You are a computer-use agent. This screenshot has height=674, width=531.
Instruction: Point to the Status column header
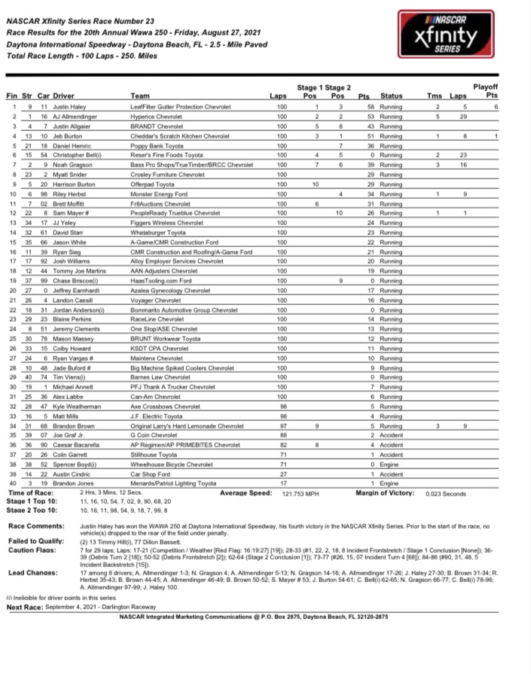click(x=392, y=96)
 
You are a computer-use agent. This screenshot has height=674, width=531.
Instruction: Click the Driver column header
click(x=64, y=96)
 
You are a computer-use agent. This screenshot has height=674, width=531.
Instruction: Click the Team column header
click(x=140, y=96)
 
